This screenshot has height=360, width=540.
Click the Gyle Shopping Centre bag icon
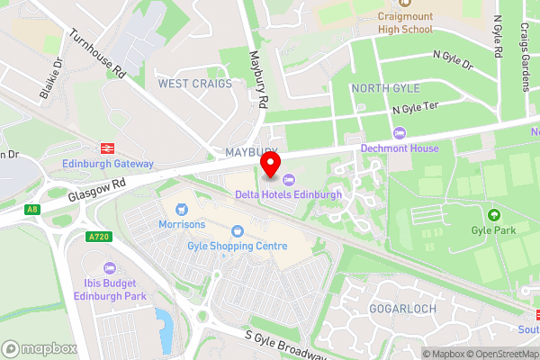coord(238,230)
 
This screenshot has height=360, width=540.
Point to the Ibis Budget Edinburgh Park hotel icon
coord(110,268)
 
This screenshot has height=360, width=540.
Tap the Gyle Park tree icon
coord(493,215)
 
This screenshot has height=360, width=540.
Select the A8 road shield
coord(33,210)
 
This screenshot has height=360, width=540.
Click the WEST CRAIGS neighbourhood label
coord(195,84)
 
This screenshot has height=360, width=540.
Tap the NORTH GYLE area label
coord(384,88)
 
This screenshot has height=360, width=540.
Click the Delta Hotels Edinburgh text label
coord(288,194)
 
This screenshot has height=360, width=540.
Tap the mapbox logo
coord(36,348)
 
